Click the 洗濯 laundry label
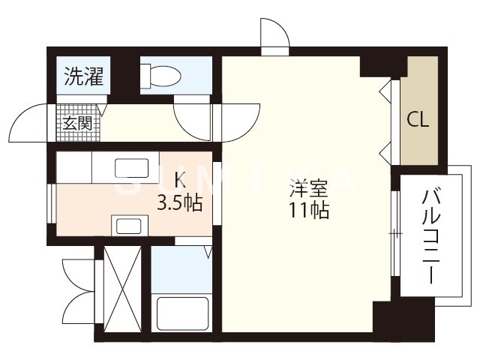click(83, 76)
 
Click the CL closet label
click(418, 120)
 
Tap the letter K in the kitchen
click(180, 180)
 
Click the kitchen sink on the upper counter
click(136, 167)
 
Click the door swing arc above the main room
click(273, 34)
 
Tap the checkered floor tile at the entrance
click(66, 122)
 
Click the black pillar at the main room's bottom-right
click(392, 319)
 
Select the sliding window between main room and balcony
click(393, 234)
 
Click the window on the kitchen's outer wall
click(50, 202)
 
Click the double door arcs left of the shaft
click(77, 289)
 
